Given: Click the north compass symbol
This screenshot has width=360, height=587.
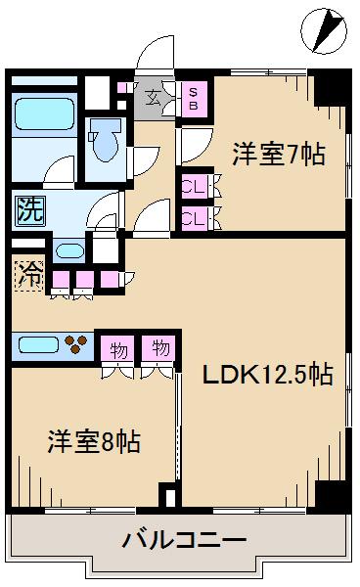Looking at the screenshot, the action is pyautogui.click(x=324, y=30).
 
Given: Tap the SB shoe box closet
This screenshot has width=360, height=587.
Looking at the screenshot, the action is pyautogui.click(x=194, y=99).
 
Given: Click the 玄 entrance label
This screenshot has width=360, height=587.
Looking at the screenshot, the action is pyautogui.click(x=153, y=98).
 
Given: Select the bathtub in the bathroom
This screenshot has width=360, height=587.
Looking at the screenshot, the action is pyautogui.click(x=44, y=113).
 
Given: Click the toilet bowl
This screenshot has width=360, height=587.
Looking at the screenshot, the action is pyautogui.click(x=106, y=140).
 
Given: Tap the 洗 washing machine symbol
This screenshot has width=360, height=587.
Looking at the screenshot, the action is pyautogui.click(x=30, y=210).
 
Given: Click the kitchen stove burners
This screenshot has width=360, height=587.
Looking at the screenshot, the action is pyautogui.click(x=76, y=344).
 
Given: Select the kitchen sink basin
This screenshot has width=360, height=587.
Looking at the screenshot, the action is pyautogui.click(x=38, y=344).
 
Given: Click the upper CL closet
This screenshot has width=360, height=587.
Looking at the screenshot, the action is pyautogui.click(x=194, y=186).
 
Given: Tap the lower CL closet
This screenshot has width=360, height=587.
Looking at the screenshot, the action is pyautogui.click(x=194, y=218).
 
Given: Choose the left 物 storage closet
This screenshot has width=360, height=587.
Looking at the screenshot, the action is pyautogui.click(x=117, y=348).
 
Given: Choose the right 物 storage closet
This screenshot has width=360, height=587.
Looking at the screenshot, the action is pyautogui.click(x=158, y=348).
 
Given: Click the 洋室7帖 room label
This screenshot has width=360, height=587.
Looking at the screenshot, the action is pyautogui.click(x=279, y=155).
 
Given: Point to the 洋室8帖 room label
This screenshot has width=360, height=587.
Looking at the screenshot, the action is pyautogui.click(x=94, y=442).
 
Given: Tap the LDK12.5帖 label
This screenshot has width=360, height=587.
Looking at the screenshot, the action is pyautogui.click(x=268, y=374).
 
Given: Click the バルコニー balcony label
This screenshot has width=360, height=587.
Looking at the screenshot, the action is pyautogui.click(x=185, y=540).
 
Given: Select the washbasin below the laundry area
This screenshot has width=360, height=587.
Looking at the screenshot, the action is pyautogui.click(x=70, y=250).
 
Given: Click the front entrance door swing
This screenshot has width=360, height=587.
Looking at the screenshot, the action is pyautogui.click(x=156, y=53).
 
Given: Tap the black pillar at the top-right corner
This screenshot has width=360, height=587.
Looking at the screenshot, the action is pyautogui.click(x=330, y=88).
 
